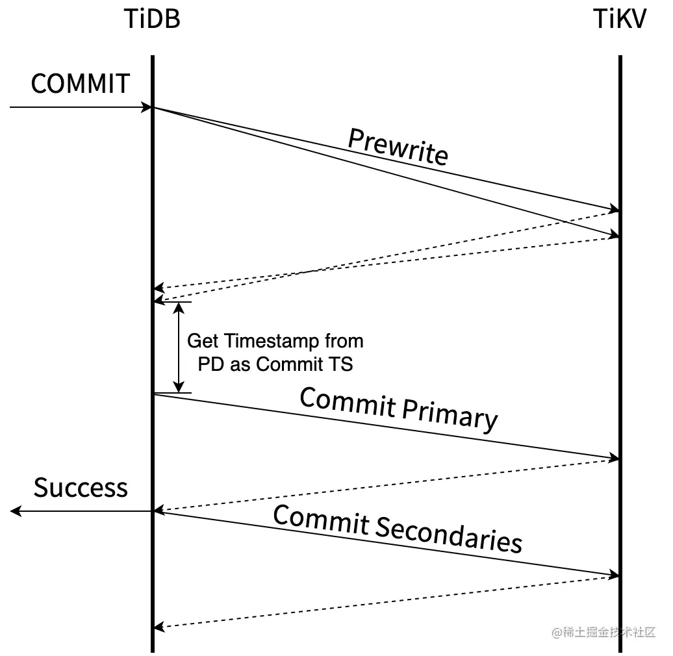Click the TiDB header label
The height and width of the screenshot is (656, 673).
(x=151, y=20)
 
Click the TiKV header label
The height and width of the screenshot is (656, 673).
(x=620, y=20)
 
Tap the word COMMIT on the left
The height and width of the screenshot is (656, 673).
(x=80, y=84)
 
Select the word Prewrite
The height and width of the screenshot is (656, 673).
(x=398, y=147)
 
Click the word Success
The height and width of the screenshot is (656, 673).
(x=81, y=488)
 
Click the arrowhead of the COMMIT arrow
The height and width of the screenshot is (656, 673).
(x=147, y=107)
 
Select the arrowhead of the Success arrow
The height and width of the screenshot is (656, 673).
(x=15, y=512)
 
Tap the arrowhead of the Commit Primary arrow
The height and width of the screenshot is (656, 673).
(x=615, y=459)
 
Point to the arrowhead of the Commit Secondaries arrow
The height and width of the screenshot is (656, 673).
(x=615, y=575)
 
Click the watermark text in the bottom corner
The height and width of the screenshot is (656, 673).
(x=604, y=632)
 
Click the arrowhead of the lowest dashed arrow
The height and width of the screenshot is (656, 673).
(x=159, y=627)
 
